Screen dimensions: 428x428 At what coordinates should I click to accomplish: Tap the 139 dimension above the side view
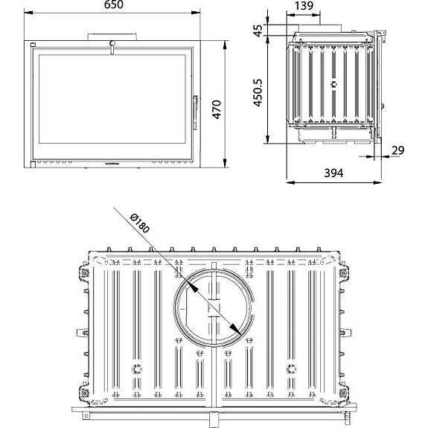point(303,7)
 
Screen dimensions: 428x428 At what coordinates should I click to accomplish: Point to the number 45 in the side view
point(258,31)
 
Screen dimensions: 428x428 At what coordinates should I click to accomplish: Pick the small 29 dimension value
point(397,151)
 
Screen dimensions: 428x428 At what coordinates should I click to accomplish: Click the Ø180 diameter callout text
point(139,223)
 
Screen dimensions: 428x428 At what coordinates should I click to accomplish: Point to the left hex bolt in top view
point(135,369)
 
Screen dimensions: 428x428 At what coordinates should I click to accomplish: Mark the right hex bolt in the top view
point(291,369)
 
